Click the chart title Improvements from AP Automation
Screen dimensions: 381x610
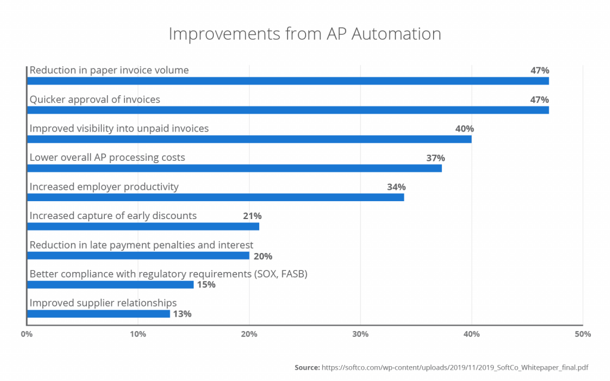(x=304, y=34)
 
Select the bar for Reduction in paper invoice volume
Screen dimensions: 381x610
(x=288, y=81)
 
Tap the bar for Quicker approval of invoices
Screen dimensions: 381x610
(x=288, y=110)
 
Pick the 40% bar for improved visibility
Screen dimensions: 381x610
(x=250, y=139)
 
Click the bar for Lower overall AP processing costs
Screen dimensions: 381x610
(x=235, y=168)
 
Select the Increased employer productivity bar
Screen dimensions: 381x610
(x=216, y=198)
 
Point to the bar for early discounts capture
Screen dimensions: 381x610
(x=144, y=227)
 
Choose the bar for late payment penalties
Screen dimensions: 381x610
(x=138, y=256)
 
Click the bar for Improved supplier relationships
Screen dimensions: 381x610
(x=99, y=314)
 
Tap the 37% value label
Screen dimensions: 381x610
(x=435, y=158)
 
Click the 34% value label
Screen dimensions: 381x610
(x=396, y=187)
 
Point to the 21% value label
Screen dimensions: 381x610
(x=252, y=216)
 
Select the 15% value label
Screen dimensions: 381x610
(x=206, y=285)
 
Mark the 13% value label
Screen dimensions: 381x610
(x=182, y=314)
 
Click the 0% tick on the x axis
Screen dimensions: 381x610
(x=26, y=335)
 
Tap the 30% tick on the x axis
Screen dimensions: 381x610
(x=360, y=335)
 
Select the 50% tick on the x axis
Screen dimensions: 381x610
(x=582, y=335)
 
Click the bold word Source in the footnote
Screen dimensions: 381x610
(x=307, y=367)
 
